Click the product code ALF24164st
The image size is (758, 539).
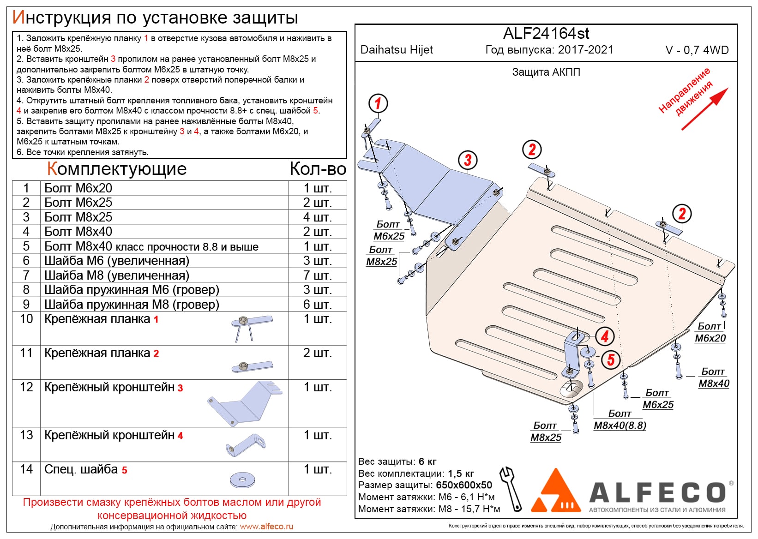[x=546, y=34]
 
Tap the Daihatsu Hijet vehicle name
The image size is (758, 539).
[x=397, y=50]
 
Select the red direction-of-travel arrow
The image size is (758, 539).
[x=704, y=108]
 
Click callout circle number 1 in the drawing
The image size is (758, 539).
[x=378, y=103]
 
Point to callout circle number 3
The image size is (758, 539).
[x=468, y=160]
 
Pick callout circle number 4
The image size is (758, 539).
[x=605, y=336]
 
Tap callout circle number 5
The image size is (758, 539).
[x=611, y=359]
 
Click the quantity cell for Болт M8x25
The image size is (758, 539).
[x=318, y=217]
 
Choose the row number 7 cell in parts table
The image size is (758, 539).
[x=26, y=275]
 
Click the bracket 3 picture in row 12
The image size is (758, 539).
[x=245, y=403]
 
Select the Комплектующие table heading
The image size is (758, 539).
[x=117, y=169]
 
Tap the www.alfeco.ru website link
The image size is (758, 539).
[x=266, y=527]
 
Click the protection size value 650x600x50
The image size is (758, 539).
[x=464, y=485]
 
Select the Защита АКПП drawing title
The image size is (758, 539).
[x=546, y=72]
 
